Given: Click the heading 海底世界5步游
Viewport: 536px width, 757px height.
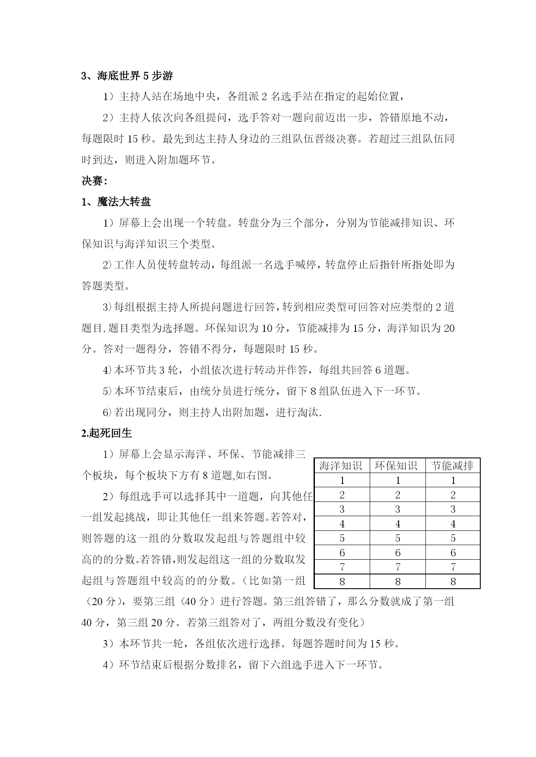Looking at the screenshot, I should [x=127, y=76].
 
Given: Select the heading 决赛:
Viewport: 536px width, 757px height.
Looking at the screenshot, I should [x=94, y=181].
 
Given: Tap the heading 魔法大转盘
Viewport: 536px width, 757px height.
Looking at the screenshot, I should [x=116, y=202].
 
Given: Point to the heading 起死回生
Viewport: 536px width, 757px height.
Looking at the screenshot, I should [x=106, y=433].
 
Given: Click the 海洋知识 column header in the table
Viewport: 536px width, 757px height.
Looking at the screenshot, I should [x=342, y=466].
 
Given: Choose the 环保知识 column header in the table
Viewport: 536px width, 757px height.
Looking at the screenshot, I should [x=397, y=466].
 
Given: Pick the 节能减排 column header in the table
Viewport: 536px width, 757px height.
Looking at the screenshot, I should [x=453, y=466].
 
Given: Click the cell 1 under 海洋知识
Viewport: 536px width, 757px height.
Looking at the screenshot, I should [x=342, y=480].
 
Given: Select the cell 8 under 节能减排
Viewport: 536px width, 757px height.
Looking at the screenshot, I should [x=453, y=582].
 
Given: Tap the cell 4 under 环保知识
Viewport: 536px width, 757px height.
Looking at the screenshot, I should [x=397, y=524].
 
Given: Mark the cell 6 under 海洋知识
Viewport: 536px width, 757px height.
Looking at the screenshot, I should [x=342, y=553].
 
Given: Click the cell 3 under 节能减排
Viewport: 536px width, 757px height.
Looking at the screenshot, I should [x=453, y=509].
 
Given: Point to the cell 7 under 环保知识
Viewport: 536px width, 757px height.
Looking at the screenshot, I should [x=397, y=567].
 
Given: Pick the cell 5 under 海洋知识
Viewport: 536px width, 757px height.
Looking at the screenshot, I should [x=342, y=538].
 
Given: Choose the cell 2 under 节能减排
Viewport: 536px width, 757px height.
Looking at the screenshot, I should [x=453, y=495].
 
